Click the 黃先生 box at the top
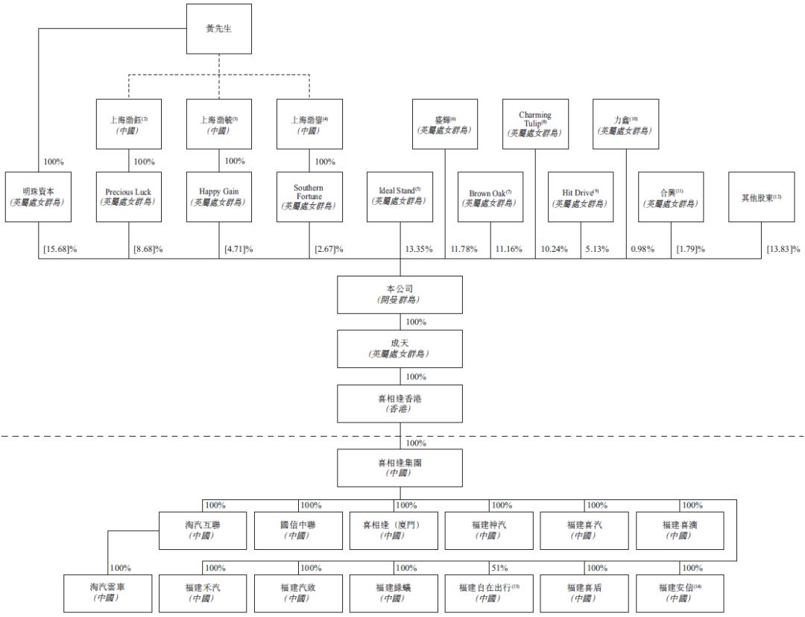(x=218, y=29)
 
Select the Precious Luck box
(x=128, y=197)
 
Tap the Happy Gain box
(x=218, y=197)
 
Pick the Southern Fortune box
(x=309, y=197)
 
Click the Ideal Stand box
(x=400, y=197)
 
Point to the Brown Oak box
(x=490, y=198)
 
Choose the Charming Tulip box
(x=535, y=124)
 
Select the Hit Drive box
(x=581, y=197)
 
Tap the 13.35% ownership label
(x=418, y=249)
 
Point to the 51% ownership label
(x=500, y=569)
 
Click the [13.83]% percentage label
(x=783, y=249)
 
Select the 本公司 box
(x=400, y=294)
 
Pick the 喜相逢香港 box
(x=400, y=404)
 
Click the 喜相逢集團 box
(x=400, y=467)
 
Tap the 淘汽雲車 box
(x=107, y=592)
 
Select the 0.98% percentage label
(x=643, y=249)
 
